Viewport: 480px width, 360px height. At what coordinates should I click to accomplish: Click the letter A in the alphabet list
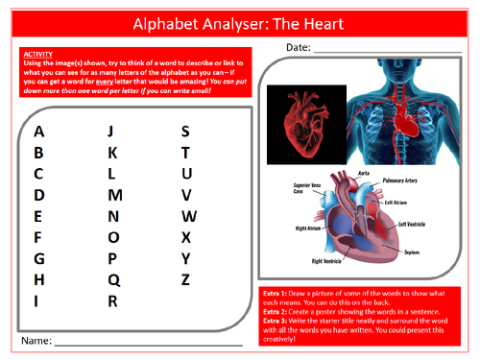tap(38, 132)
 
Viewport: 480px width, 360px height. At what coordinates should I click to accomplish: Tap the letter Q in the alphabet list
tap(113, 279)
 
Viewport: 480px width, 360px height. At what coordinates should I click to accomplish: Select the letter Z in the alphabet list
tap(186, 279)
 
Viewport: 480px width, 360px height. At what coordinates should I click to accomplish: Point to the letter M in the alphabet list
tap(114, 195)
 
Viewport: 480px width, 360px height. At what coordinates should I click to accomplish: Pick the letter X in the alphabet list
tap(186, 237)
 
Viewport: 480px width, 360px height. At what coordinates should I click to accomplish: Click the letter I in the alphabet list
tap(37, 300)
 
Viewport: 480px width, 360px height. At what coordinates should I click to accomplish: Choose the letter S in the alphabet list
tap(186, 132)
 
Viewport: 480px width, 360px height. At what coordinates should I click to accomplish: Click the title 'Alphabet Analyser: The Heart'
tap(239, 20)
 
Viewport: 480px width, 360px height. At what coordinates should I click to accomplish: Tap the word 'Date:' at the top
tap(297, 48)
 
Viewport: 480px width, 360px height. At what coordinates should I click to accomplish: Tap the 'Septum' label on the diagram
tap(413, 251)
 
